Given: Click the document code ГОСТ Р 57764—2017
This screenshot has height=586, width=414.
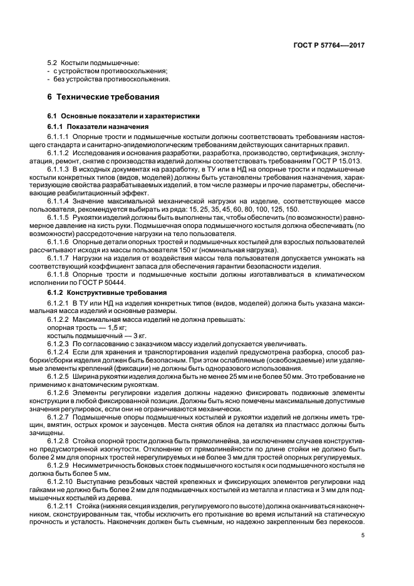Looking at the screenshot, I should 333,46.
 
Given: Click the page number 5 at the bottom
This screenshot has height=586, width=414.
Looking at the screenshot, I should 363,535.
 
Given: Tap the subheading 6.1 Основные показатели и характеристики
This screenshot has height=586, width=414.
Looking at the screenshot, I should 124,116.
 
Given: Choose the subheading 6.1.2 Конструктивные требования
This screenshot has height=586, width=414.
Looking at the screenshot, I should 99,292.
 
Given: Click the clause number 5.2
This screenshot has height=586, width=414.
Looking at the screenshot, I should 53,63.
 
